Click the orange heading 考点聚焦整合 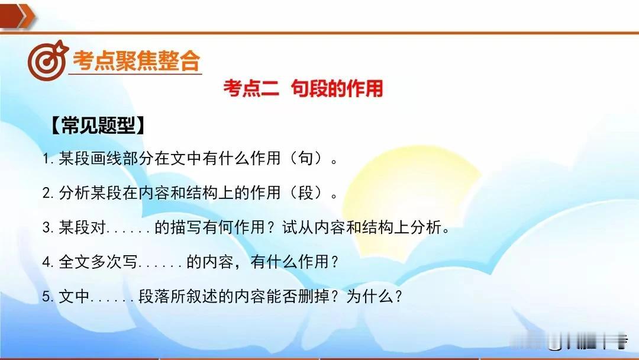click(136, 61)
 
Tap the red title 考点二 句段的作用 click(303, 88)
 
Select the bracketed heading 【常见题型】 click(98, 125)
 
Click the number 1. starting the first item click(48, 159)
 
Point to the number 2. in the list click(48, 193)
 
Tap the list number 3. click(48, 227)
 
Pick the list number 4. click(48, 262)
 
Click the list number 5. click(48, 297)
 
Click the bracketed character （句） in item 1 click(306, 158)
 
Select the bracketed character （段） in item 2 click(306, 192)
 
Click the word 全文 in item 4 click(74, 262)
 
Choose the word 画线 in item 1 click(106, 158)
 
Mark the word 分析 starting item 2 click(74, 192)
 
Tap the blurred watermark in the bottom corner click(570, 341)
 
